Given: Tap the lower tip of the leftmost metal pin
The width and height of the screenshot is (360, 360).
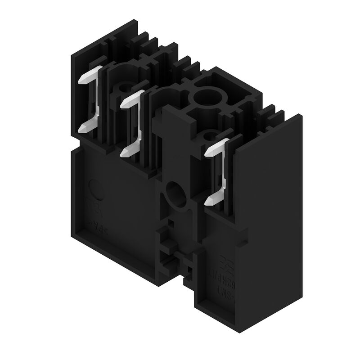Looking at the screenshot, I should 82,129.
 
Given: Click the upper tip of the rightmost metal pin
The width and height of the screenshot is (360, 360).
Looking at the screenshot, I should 208,153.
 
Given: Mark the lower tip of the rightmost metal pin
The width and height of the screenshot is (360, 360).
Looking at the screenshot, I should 208,202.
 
